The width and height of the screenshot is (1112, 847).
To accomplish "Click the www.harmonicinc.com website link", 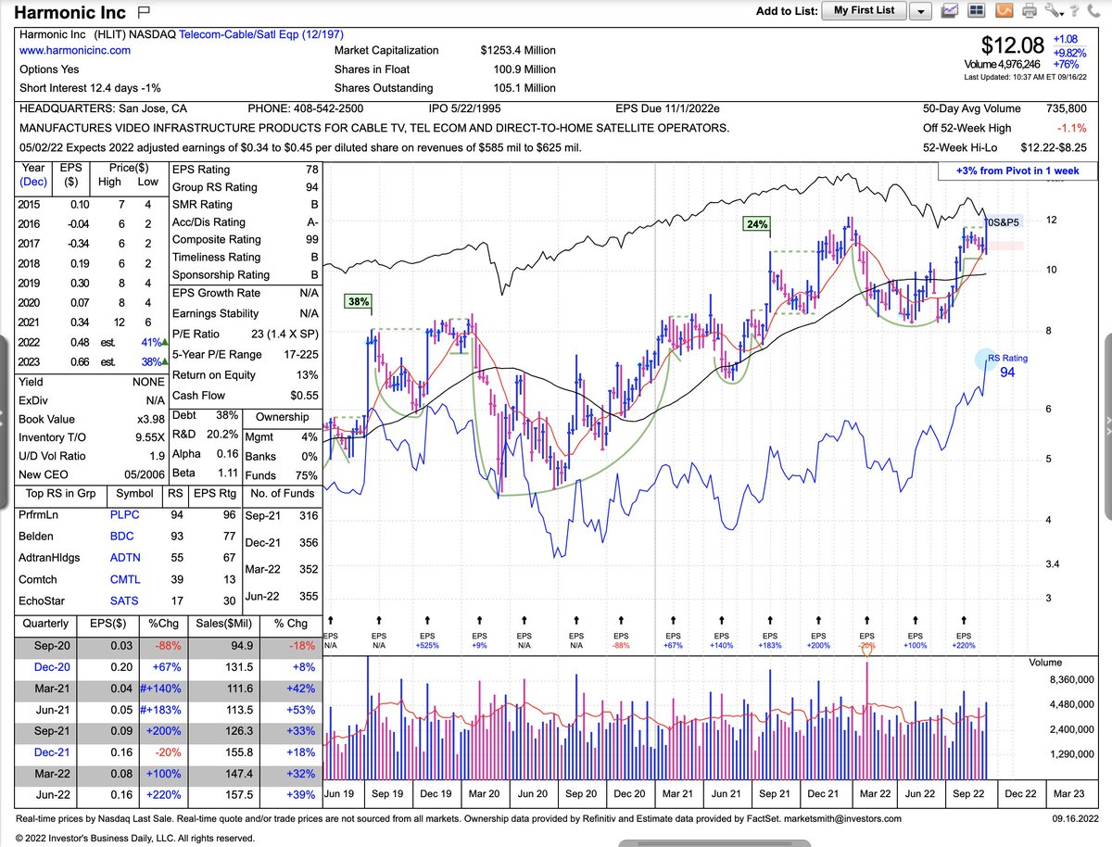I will coord(75,50).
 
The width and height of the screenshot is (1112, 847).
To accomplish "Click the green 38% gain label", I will coord(358,301).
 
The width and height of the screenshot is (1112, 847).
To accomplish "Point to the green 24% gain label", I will coord(756,223).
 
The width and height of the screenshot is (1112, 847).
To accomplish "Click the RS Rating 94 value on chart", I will coord(1007,373).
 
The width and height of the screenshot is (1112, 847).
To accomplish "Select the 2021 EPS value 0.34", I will coord(79,322).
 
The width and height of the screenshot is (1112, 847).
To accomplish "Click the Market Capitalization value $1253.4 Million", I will coord(518,50).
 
